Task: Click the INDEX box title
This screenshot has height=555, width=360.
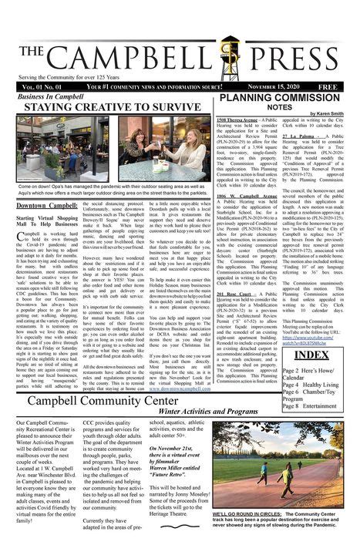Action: pos(311,355)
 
